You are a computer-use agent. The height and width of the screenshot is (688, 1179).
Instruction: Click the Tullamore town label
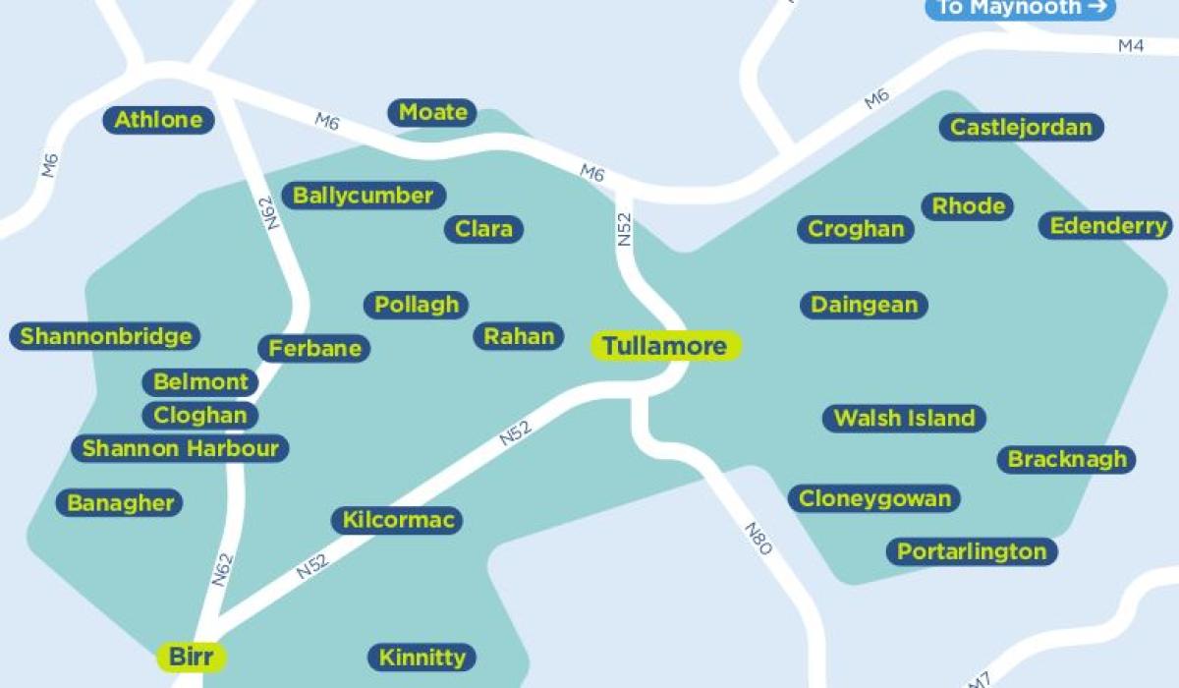coord(665,346)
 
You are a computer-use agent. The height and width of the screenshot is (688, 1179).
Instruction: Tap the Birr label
coord(192,656)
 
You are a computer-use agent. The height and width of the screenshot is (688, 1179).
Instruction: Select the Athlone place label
coord(158,120)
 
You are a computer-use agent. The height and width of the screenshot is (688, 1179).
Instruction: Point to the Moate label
coord(432,112)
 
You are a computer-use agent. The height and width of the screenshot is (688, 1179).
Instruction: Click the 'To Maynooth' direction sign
coord(1020,8)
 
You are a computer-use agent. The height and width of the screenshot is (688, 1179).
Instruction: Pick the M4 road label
coord(1131,46)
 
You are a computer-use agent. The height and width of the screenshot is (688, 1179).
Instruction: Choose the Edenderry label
coord(1108,226)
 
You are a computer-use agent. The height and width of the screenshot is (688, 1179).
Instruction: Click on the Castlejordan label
coord(1021,127)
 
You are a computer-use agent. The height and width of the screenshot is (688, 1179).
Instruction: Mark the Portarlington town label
coord(972,551)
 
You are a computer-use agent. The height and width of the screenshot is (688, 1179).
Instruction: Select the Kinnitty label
coord(421,657)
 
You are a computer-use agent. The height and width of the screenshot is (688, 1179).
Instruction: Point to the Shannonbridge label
coord(106,336)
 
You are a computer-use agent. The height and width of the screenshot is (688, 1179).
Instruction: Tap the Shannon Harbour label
coord(180,449)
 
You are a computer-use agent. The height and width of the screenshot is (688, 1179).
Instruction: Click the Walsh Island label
coord(904,418)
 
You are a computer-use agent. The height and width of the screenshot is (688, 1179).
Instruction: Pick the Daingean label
coord(865,305)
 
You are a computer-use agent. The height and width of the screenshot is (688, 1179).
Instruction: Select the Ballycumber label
coord(363,196)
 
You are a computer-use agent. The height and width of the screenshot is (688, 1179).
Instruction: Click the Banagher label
coord(120,503)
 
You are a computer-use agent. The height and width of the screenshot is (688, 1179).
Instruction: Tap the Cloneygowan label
coord(874,498)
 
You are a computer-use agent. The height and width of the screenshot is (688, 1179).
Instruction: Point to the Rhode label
coord(968,205)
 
